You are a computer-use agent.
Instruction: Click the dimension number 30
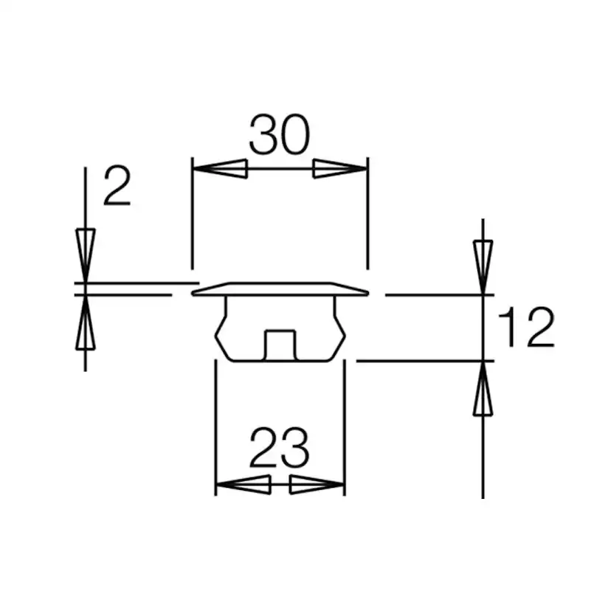tap(280, 134)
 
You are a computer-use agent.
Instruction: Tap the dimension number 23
tap(279, 448)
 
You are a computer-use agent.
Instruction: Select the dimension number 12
tap(526, 327)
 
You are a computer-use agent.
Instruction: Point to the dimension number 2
tap(117, 186)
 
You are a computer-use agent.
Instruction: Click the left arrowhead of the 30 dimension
tap(220, 169)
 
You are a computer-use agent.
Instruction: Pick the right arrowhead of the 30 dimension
tap(340, 169)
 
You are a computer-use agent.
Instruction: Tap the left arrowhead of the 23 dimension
tap(244, 485)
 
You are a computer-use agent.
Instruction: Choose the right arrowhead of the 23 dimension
tap(317, 485)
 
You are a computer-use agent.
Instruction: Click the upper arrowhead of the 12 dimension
tap(483, 268)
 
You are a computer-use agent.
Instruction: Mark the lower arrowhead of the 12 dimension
tap(483, 389)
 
